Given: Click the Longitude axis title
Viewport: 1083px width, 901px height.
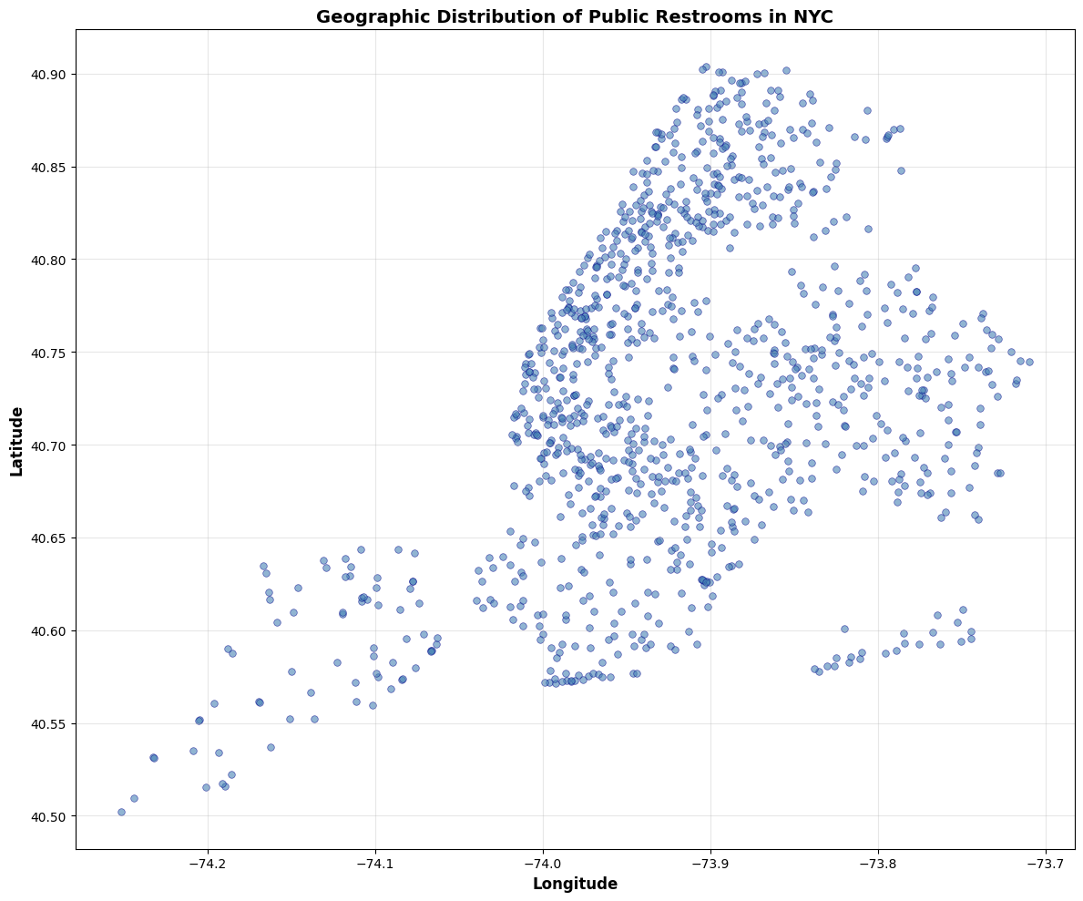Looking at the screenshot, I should [x=575, y=884].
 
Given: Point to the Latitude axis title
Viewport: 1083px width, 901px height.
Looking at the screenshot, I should [x=16, y=439].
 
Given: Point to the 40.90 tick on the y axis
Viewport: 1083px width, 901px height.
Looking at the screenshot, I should [x=51, y=75].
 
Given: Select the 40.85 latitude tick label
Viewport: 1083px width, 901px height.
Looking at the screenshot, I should [x=51, y=168].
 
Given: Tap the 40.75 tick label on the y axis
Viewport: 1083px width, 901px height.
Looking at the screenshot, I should [x=51, y=353].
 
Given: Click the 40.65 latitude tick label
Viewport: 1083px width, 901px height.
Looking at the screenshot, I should [x=51, y=538].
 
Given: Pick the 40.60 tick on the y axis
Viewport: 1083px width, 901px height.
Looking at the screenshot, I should [x=51, y=631].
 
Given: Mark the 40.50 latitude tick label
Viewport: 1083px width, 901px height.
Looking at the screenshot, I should [x=51, y=816].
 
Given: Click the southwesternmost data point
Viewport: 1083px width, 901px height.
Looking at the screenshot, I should [x=121, y=812].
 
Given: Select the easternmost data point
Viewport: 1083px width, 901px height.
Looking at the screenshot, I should [x=1029, y=362].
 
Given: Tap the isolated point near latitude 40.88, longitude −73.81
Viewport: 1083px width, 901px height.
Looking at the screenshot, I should [x=867, y=110].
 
